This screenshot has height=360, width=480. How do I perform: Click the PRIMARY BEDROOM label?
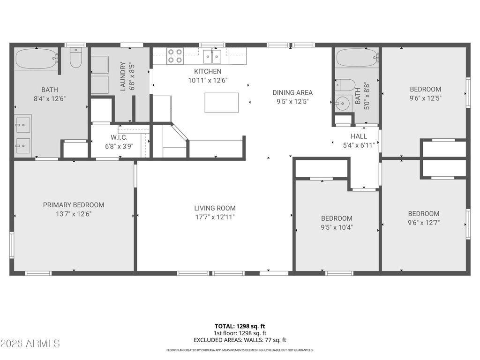[x=74, y=205]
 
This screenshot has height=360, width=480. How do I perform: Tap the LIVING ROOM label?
[x=215, y=208]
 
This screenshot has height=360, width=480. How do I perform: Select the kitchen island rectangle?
[x=221, y=103]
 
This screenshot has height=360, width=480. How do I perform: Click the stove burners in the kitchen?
[x=175, y=56]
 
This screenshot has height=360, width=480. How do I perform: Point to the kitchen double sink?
[x=212, y=57]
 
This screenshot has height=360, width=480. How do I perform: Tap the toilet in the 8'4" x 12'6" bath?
[x=75, y=58]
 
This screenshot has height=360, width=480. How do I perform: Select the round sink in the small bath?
[x=343, y=103]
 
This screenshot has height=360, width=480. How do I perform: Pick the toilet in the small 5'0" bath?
[x=346, y=85]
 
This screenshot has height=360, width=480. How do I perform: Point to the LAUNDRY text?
[x=123, y=76]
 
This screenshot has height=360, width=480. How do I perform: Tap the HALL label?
[x=359, y=136]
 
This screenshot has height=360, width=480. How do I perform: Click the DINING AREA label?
[x=292, y=93]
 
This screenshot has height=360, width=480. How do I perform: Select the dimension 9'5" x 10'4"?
[x=337, y=227]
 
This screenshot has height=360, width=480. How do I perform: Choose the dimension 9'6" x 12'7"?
[x=424, y=223]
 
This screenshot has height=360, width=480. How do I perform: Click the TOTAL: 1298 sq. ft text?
[x=240, y=326]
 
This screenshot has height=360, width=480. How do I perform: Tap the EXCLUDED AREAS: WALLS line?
[x=240, y=340]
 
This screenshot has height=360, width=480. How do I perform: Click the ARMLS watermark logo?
[x=30, y=344]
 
